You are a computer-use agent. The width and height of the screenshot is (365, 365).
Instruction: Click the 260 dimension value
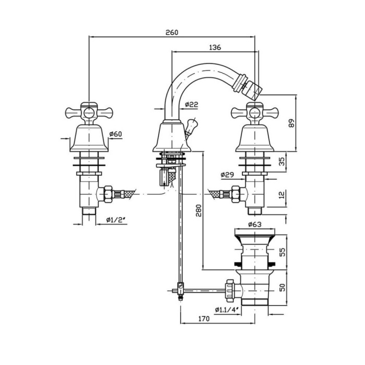[172, 32]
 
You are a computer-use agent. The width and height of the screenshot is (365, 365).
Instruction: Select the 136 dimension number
[215, 47]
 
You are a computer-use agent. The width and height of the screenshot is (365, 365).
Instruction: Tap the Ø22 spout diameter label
[191, 105]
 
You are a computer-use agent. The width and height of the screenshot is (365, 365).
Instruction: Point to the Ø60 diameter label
[115, 135]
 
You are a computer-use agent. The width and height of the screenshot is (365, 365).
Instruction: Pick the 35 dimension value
[282, 162]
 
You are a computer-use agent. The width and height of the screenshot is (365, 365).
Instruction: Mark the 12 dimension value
[282, 194]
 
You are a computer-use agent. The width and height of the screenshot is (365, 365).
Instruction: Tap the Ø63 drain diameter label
[254, 225]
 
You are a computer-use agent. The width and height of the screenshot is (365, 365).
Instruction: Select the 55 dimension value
[282, 251]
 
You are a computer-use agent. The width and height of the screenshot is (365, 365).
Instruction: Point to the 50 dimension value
[282, 287]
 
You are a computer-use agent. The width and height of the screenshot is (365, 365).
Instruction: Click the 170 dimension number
[203, 318]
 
